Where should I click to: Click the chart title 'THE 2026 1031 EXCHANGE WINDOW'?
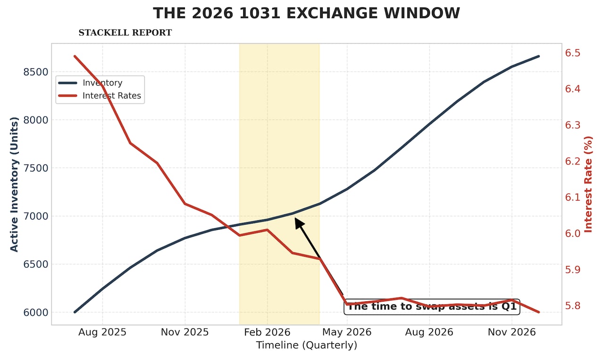coord(306,13)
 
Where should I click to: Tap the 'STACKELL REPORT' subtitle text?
coord(125,33)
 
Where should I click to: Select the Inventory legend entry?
coord(102,83)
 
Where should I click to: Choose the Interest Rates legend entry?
coord(111,96)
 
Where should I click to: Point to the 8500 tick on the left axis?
coord(36,72)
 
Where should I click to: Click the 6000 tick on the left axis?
coord(36,313)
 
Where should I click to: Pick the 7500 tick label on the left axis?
coord(36,168)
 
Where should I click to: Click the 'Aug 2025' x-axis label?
coord(102,332)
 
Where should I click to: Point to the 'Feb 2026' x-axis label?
coord(267,332)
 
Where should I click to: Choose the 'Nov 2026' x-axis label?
coord(512,332)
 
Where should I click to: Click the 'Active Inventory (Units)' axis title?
coord(14,184)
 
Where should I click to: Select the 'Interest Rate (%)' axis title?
coord(588,184)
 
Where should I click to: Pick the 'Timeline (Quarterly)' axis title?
coord(306,346)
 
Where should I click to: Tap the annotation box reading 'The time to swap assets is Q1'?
coord(432,307)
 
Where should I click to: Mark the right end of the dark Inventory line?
coord(538,56)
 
